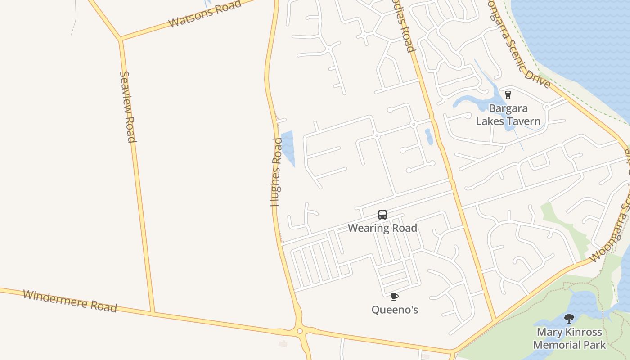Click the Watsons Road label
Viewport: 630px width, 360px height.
coord(205,14)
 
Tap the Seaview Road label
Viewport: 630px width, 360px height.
coord(128,107)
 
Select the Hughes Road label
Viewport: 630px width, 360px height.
coord(276,172)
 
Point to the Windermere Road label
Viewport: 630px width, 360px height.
coord(70,301)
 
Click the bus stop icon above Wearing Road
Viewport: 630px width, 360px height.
coord(382,215)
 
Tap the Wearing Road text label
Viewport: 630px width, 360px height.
coord(382,228)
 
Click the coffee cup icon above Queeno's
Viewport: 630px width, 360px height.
coord(395,297)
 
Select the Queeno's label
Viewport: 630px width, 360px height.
coord(395,310)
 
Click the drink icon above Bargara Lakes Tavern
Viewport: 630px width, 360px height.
coord(508,94)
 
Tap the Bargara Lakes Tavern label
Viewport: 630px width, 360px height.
coord(508,115)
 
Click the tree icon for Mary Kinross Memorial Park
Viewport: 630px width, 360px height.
coord(569,319)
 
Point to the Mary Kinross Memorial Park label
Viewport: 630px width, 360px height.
coord(569,339)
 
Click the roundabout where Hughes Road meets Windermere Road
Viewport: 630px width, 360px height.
coord(300,331)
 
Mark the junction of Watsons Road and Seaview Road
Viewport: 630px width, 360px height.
coord(121,40)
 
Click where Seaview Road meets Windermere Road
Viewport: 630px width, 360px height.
coord(153,312)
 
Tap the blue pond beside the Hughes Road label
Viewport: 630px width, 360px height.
coord(288,146)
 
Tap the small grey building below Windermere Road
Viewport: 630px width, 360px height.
coord(283,344)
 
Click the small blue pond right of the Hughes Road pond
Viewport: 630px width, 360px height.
coord(428,136)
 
